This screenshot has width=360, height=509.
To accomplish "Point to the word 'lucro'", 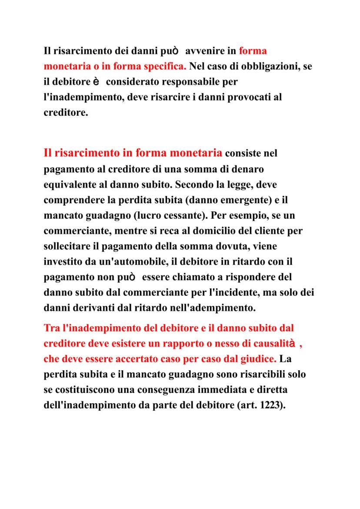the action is tap(147, 215).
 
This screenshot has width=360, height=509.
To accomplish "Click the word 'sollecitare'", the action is tap(69, 246).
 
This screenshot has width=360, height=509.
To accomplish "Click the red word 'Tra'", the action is tap(52, 328).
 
